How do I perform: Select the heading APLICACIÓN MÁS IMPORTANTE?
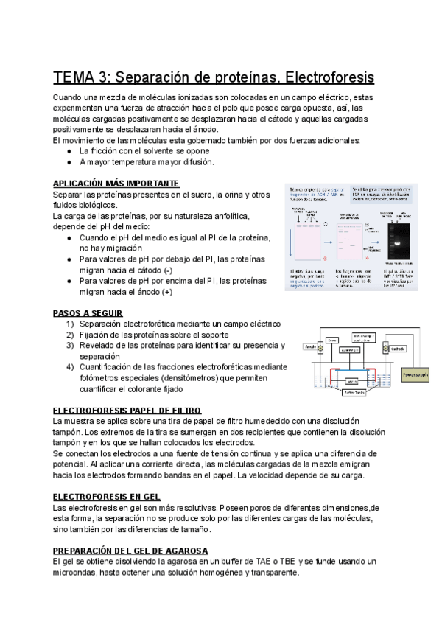pyautogui.click(x=116, y=184)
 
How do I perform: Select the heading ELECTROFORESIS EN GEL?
pyautogui.click(x=106, y=497)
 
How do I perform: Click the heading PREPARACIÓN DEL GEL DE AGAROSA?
pyautogui.click(x=131, y=551)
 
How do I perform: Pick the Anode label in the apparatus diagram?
pyautogui.click(x=310, y=346)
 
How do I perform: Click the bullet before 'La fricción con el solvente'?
pyautogui.click(x=69, y=150)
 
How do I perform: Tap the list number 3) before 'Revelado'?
pyautogui.click(x=69, y=345)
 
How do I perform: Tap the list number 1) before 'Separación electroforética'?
pyautogui.click(x=69, y=324)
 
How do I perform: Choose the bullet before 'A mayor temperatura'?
pyautogui.click(x=69, y=161)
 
